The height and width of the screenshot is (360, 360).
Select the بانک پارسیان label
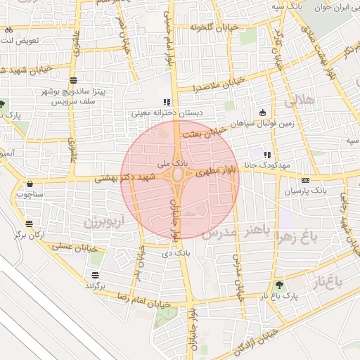click(x=309, y=191)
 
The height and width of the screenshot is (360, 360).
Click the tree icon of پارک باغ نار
click(x=281, y=285)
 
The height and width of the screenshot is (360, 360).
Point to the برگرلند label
click(x=95, y=285)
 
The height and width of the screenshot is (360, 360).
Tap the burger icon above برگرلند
click(x=95, y=274)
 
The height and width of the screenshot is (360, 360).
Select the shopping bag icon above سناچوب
click(x=29, y=184)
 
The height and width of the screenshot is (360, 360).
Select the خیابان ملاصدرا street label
click(x=220, y=84)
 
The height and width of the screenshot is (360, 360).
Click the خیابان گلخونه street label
click(x=214, y=27)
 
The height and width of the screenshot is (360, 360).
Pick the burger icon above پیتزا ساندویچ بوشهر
click(x=73, y=80)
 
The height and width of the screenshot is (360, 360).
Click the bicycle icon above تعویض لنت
click(x=8, y=30)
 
